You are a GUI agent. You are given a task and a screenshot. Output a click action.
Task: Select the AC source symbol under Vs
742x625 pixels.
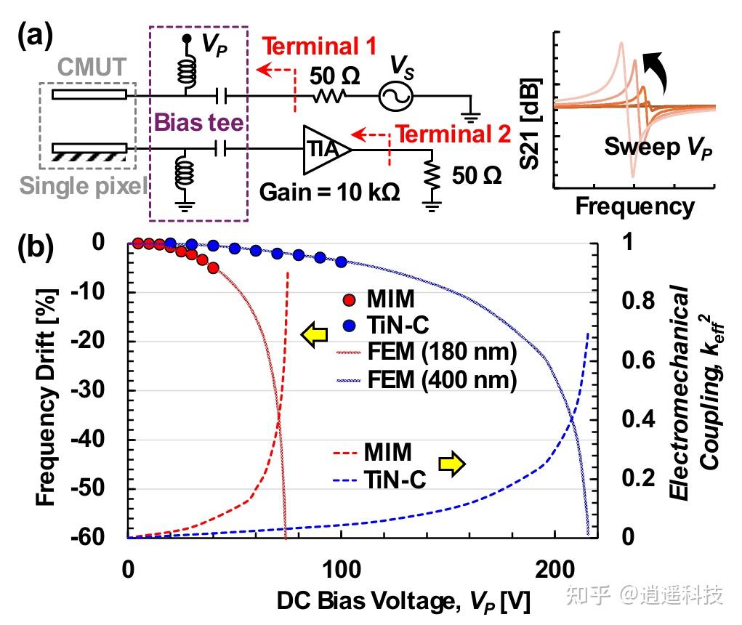(x=395, y=95)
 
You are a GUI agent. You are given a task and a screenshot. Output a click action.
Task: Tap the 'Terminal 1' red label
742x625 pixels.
(x=319, y=47)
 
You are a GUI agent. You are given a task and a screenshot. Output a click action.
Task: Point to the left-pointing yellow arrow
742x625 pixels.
(x=313, y=336)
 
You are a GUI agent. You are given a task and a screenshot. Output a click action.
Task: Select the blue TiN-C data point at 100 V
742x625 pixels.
(x=342, y=262)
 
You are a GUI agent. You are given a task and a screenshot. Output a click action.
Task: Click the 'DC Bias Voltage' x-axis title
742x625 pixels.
(x=403, y=602)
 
